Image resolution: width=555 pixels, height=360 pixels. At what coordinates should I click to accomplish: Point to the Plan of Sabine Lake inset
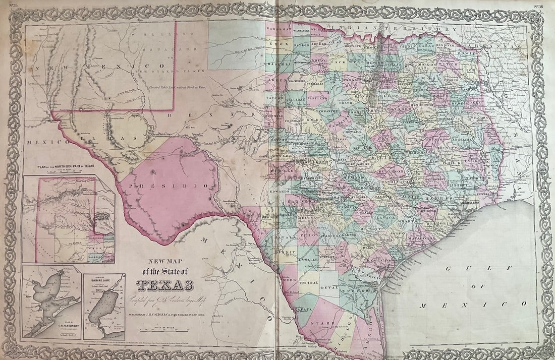click(104, 306)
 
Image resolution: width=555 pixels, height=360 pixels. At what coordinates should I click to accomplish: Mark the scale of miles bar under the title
click(165, 331)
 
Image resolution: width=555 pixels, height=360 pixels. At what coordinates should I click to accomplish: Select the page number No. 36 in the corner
click(538, 7)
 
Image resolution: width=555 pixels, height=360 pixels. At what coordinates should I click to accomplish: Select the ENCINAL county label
click(308, 283)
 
